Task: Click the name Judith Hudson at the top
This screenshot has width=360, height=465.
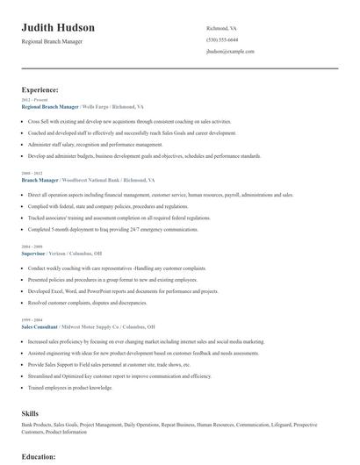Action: pos(58,27)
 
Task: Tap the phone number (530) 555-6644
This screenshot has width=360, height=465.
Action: pos(221,39)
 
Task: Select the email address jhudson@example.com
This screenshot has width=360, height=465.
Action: pos(230,52)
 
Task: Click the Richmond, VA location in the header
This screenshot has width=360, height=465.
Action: pos(221,28)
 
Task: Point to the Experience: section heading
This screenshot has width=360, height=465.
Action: pos(40,89)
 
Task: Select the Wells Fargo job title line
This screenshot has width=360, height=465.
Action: pos(84,106)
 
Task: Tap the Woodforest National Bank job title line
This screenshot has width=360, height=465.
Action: pos(86,179)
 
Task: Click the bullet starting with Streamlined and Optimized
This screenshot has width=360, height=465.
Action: pos(119,375)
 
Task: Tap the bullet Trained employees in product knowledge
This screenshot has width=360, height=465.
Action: pos(70,387)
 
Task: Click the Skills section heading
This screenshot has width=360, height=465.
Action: pos(30,411)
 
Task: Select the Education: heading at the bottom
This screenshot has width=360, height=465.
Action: pos(38,457)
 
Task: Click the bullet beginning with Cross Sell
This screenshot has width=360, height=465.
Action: pos(130,121)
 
